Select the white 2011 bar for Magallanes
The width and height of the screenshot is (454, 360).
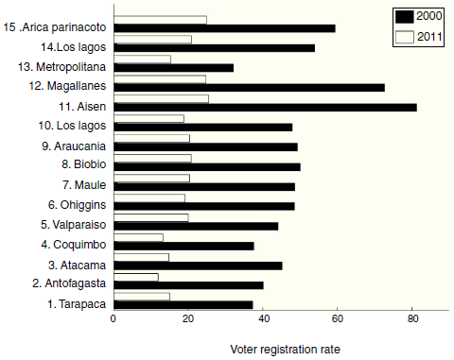click(160, 78)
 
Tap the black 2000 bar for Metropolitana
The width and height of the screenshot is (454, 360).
click(173, 67)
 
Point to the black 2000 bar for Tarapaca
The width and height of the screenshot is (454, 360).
click(183, 304)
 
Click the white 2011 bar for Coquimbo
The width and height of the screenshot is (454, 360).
click(138, 236)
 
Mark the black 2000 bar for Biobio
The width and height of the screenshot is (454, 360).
click(207, 166)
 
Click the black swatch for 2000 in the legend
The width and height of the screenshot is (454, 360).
click(405, 16)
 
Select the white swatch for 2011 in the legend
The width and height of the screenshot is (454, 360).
click(405, 38)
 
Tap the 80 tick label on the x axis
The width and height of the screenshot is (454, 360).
click(412, 318)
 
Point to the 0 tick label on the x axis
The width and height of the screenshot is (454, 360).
click(113, 318)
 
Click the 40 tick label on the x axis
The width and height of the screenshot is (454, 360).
click(263, 318)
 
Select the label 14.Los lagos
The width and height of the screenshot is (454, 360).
click(72, 47)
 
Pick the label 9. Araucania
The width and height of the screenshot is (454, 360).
click(72, 146)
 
